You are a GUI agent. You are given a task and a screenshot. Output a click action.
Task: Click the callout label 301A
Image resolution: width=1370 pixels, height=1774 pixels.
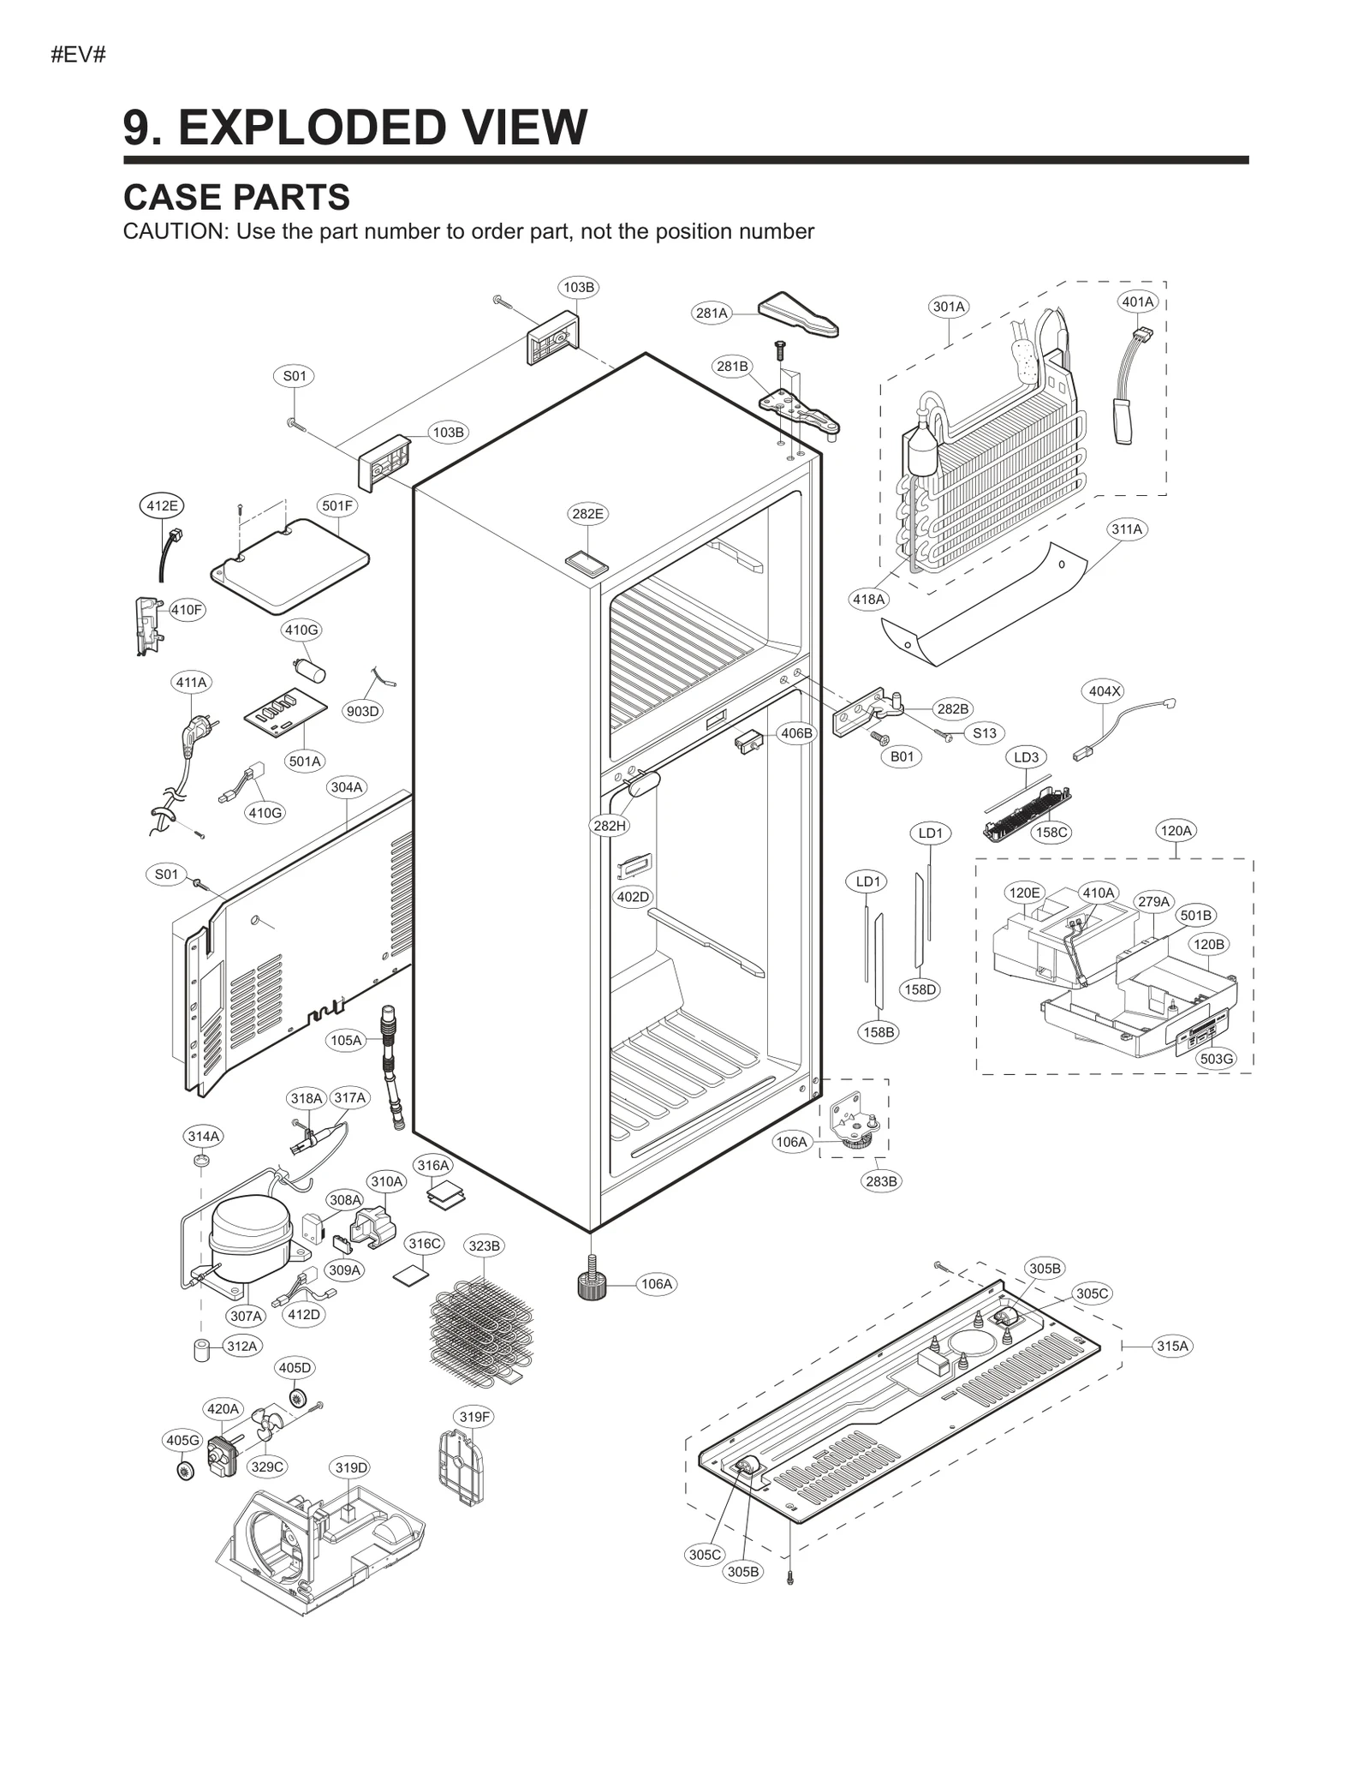click(x=949, y=307)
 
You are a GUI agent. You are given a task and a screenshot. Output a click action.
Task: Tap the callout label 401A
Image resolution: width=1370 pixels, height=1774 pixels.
click(x=1138, y=302)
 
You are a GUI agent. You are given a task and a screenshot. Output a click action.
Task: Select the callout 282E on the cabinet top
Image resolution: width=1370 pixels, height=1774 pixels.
click(x=587, y=514)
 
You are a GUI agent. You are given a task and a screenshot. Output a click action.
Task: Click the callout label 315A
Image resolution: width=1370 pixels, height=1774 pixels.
click(x=1172, y=1346)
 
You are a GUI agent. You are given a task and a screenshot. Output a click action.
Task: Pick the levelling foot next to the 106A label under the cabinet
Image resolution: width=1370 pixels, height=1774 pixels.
click(x=590, y=1285)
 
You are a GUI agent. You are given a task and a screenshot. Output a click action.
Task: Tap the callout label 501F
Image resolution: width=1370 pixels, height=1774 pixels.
click(x=337, y=505)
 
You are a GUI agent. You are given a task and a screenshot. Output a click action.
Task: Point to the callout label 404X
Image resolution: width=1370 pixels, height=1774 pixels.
click(x=1104, y=691)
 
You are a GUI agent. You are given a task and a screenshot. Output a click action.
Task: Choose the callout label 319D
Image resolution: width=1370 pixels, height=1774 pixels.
click(x=351, y=1467)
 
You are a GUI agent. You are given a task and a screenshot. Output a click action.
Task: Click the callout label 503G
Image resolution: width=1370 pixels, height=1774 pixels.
click(x=1216, y=1059)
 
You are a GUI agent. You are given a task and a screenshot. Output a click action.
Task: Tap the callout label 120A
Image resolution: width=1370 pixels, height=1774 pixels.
click(x=1175, y=830)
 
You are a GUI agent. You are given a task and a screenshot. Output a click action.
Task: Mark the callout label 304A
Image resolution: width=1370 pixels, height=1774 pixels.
click(x=347, y=786)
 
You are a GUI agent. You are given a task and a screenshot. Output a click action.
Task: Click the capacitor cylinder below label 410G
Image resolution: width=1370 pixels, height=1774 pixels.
click(x=310, y=671)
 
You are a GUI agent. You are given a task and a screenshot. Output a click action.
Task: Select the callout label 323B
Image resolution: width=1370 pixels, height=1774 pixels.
click(x=484, y=1245)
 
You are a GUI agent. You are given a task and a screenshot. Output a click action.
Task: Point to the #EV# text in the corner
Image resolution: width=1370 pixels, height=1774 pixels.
click(x=78, y=56)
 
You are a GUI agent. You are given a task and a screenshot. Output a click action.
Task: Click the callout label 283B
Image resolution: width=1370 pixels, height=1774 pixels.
click(x=881, y=1181)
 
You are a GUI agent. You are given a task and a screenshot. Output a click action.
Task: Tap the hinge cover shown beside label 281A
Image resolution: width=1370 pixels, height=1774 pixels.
click(x=798, y=314)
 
